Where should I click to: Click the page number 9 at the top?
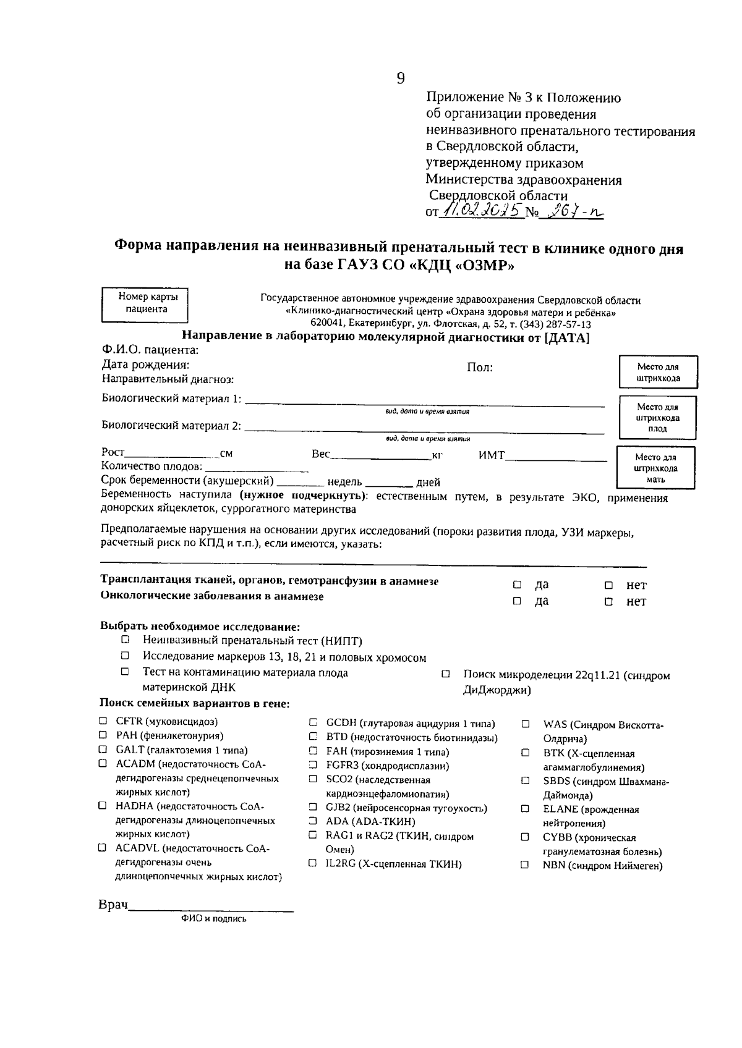coord(400,78)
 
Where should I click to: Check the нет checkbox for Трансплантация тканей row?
coord(608,585)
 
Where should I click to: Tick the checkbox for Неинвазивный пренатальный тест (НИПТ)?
coord(126,640)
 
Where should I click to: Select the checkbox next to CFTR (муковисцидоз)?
coord(103,721)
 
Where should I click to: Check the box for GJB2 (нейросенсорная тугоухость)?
coord(313,808)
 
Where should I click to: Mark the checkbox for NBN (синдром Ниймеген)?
coord(525,866)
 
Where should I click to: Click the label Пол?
coord(479,368)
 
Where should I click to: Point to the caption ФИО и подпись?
coord(213,919)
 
